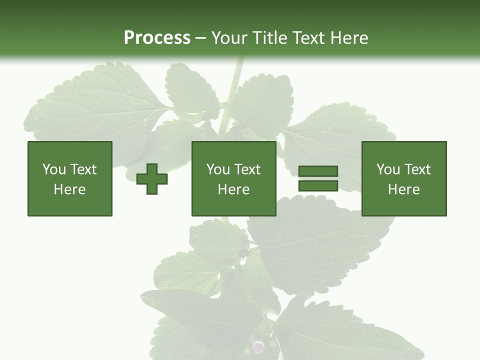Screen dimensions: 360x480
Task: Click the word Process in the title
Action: (157, 38)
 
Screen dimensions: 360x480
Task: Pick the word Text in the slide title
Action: (306, 38)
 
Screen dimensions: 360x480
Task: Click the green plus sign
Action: (152, 179)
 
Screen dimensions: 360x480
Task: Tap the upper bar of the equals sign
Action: (318, 171)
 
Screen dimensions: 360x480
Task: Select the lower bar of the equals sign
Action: (318, 185)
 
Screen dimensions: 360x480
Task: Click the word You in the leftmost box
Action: (54, 169)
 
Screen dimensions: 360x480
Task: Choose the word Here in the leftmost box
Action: (69, 189)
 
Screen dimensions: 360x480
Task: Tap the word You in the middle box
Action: (218, 169)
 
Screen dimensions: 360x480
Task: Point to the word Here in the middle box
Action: (233, 189)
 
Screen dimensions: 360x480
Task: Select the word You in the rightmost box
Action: (388, 169)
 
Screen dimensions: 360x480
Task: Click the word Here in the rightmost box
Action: (403, 189)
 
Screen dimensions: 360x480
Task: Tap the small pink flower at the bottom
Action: (258, 346)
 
